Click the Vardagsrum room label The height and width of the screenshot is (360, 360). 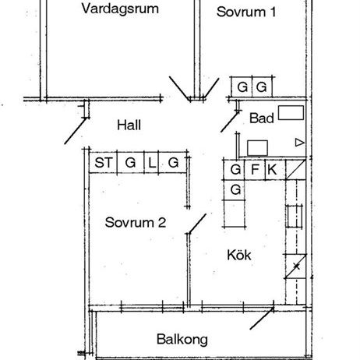click(x=120, y=10)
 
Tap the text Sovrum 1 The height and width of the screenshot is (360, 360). click(x=246, y=12)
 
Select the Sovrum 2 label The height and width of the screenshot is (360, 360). click(x=135, y=222)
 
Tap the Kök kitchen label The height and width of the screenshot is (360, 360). click(x=239, y=255)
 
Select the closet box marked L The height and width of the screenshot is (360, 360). click(x=153, y=162)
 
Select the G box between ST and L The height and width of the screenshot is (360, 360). click(x=129, y=162)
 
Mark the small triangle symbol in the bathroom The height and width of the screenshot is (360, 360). click(x=299, y=142)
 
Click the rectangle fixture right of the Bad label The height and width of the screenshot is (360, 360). click(x=291, y=113)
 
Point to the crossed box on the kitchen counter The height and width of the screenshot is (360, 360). click(x=295, y=267)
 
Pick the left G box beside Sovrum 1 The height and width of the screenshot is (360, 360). click(x=242, y=86)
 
